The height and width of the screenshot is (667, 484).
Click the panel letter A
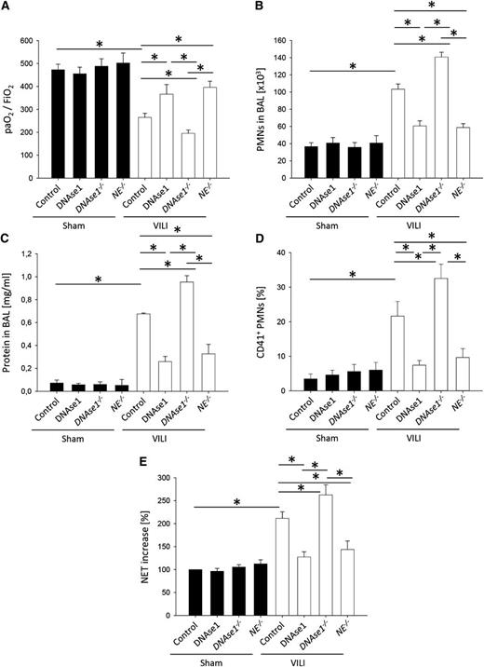point(7,7)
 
